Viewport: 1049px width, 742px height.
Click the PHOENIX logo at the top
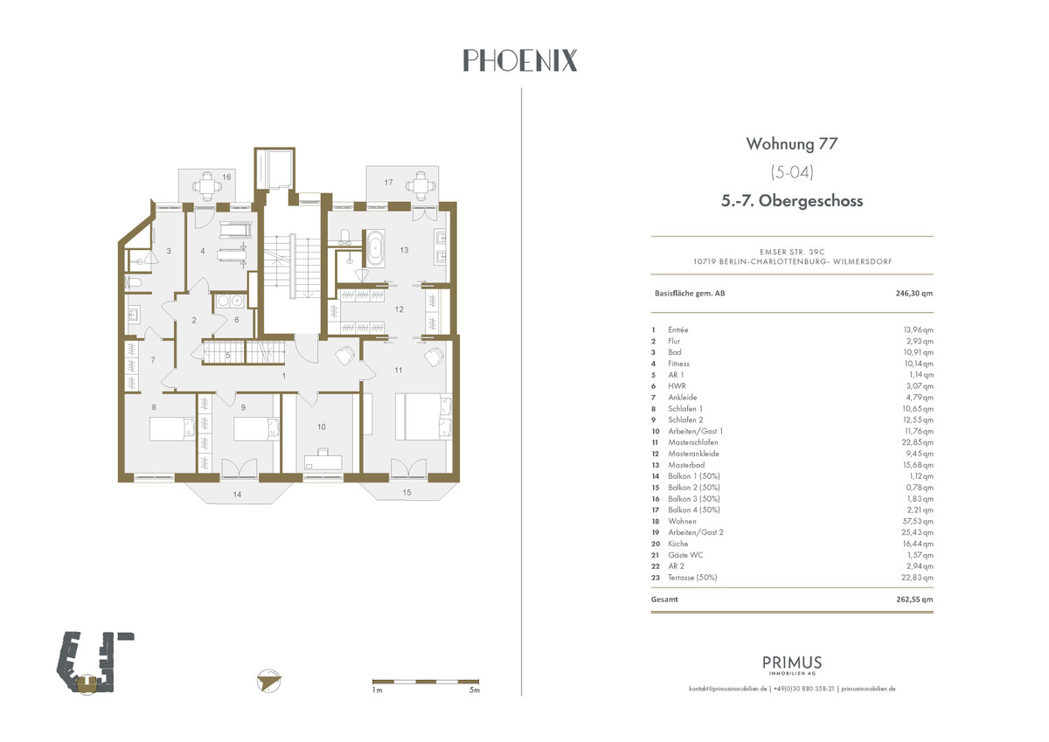click(520, 60)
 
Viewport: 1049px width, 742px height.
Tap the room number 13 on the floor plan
click(404, 251)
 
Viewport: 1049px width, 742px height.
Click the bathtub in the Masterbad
click(376, 248)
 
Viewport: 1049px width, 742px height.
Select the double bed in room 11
click(424, 417)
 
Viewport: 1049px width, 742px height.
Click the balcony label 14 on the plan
click(238, 495)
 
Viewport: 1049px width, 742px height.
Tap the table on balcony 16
click(206, 186)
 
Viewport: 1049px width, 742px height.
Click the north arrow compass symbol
click(269, 681)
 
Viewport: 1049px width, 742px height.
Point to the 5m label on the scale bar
click(475, 690)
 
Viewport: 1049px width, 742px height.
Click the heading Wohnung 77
click(791, 143)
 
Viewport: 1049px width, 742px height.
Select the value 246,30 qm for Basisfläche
click(914, 294)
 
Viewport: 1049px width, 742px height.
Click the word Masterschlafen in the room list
click(692, 442)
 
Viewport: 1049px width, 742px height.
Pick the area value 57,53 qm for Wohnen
click(918, 521)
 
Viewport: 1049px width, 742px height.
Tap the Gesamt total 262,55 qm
click(914, 600)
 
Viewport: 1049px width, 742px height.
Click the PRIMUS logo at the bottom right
click(792, 665)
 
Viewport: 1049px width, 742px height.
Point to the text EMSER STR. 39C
click(792, 252)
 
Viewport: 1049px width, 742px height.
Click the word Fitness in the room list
click(678, 364)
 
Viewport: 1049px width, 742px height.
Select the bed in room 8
click(172, 429)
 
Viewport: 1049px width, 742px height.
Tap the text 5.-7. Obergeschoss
click(792, 201)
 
